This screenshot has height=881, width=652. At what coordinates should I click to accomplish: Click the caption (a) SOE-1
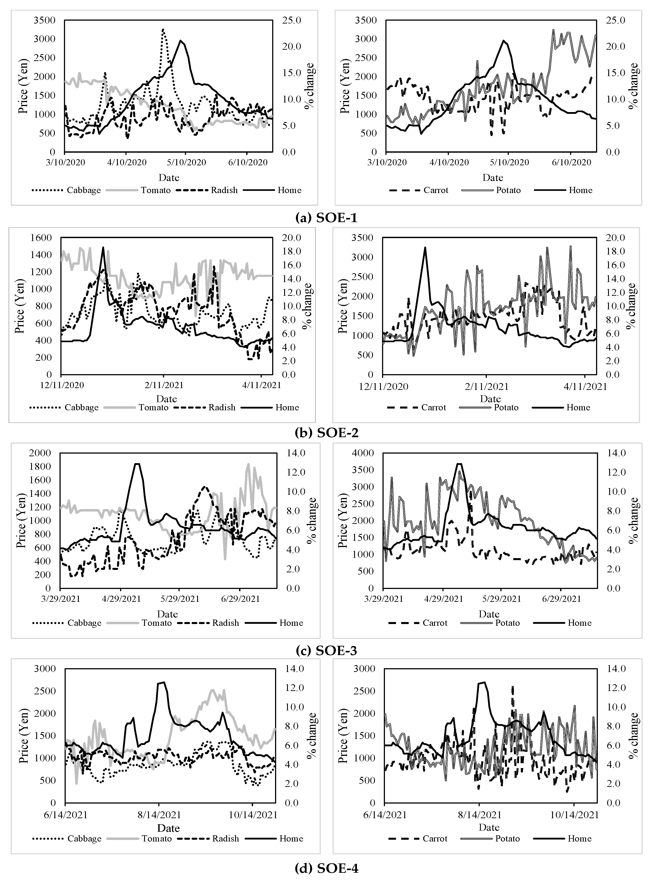(326, 217)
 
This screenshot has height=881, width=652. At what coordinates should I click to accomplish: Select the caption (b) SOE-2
(326, 433)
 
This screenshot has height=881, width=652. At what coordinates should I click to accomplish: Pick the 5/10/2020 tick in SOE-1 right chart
(509, 162)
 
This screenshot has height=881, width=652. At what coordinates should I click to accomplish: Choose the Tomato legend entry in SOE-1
(155, 190)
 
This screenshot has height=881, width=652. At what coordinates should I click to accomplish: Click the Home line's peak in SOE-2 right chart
(425, 248)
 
